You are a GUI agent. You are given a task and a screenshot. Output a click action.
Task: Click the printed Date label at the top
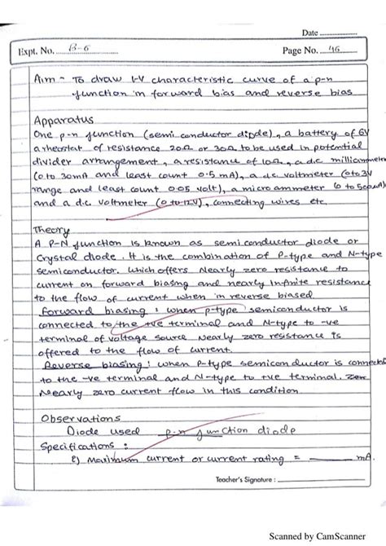tap(309, 33)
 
